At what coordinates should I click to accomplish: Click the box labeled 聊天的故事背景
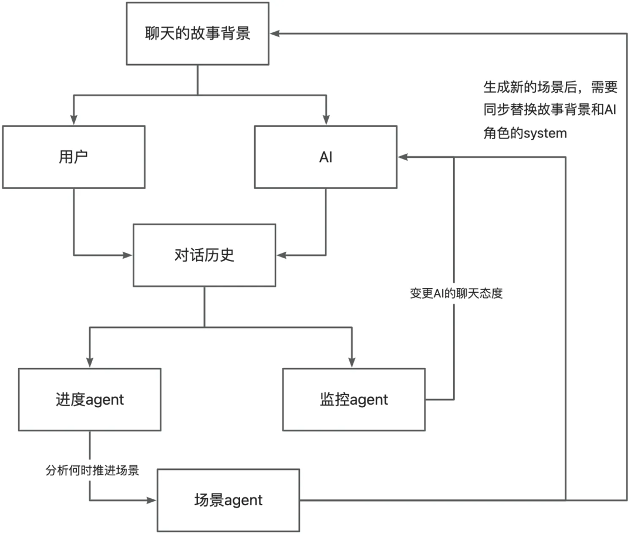point(197,33)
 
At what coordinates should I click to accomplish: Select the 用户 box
point(73,157)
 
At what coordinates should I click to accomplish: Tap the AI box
point(326,157)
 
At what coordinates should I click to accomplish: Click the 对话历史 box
point(204,255)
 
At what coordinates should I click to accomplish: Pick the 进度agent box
point(89,400)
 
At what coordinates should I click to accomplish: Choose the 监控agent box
point(354,400)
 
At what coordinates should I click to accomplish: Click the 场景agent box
point(228,500)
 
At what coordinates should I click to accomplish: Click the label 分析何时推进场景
point(92,470)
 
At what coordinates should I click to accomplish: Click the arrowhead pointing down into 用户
point(73,120)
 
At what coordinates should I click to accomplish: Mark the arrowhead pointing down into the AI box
point(326,120)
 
